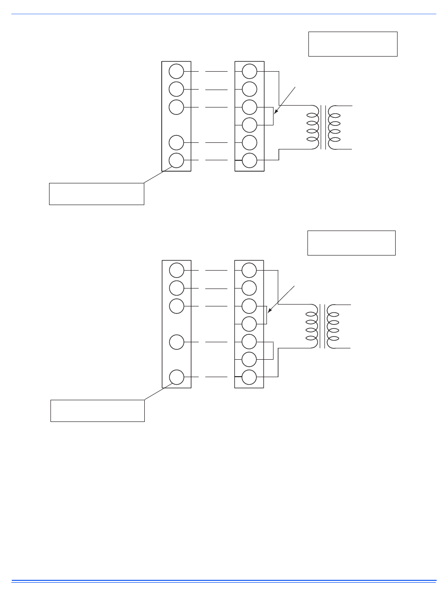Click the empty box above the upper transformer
point(353,44)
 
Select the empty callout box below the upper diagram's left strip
point(96,194)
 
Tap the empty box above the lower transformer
point(351,243)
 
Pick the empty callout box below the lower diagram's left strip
point(97,411)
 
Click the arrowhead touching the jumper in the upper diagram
point(275,113)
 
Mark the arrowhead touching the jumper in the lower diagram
point(269,312)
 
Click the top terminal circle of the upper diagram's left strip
point(176,71)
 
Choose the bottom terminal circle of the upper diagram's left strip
point(176,160)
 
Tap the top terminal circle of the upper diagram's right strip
point(249,71)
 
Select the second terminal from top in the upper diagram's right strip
point(249,89)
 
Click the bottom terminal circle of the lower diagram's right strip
point(249,378)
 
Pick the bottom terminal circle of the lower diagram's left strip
point(176,377)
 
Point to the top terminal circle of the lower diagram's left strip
point(176,270)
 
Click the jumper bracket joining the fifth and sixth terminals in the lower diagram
point(273,350)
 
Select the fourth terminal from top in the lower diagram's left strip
point(176,341)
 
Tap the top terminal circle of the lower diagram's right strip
point(249,270)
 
